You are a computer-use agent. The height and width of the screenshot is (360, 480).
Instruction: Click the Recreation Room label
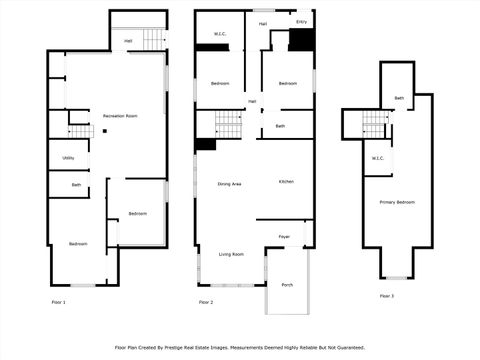click(x=120, y=116)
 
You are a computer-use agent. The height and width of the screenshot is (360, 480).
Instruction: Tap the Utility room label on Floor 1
click(x=69, y=157)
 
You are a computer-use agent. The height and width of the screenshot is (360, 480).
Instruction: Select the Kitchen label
click(x=286, y=181)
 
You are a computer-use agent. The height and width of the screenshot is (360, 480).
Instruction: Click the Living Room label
click(x=231, y=254)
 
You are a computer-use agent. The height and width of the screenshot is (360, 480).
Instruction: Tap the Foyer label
click(x=285, y=236)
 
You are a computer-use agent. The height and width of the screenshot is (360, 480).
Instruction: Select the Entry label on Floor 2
click(x=302, y=21)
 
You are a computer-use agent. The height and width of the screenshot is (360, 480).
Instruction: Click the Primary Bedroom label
click(x=397, y=202)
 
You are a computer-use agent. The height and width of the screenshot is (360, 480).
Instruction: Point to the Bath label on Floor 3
click(x=399, y=98)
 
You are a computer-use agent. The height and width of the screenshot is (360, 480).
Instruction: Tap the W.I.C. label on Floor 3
click(x=378, y=157)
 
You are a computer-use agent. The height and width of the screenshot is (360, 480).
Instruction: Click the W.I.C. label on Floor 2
click(x=221, y=35)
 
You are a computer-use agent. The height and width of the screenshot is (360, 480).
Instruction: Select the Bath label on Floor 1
click(x=76, y=185)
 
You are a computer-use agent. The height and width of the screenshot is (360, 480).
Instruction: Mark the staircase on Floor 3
click(x=374, y=123)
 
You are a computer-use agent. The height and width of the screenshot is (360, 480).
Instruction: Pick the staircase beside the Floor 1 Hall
click(x=152, y=39)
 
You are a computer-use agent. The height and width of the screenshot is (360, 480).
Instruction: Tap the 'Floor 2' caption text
click(x=206, y=301)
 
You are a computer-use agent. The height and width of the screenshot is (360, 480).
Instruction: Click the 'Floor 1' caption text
click(x=58, y=301)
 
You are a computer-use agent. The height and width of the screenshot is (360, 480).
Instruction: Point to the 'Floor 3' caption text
click(x=386, y=296)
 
